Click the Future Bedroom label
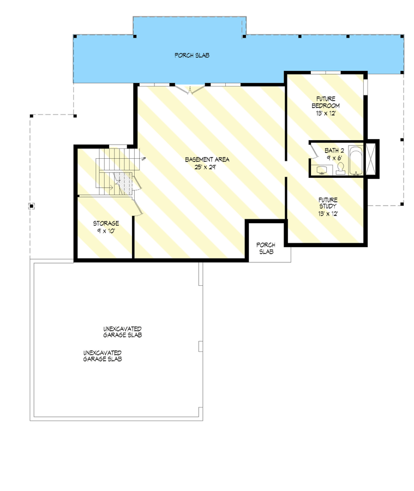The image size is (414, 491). tap(326, 102)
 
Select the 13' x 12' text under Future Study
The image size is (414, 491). tap(328, 213)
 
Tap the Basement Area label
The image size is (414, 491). tap(207, 159)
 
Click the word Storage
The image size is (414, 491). tap(105, 224)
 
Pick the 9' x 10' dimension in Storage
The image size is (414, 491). tap(105, 231)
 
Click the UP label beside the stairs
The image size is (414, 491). tap(143, 159)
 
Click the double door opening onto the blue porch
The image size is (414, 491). tap(190, 88)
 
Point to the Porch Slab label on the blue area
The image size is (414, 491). tap(192, 56)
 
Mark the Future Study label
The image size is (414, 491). tap(328, 203)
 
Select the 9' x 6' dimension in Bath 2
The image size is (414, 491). tap(333, 157)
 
